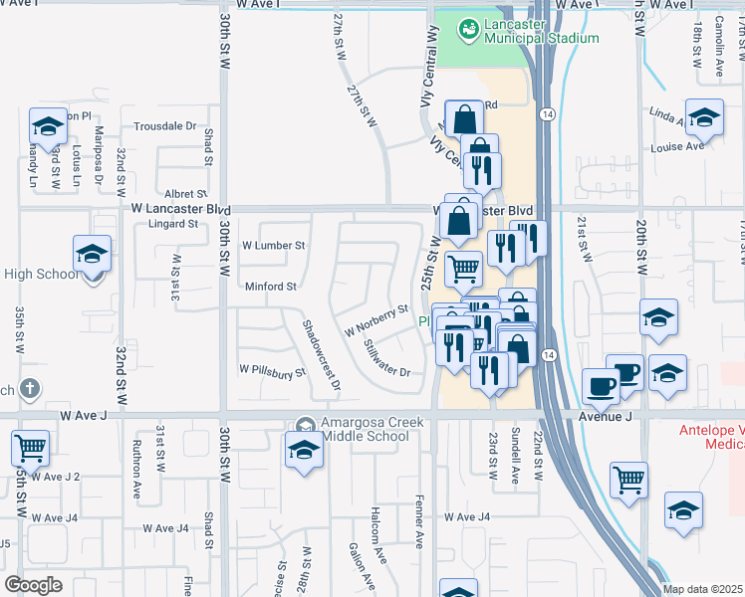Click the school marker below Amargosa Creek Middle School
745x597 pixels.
click(x=304, y=450)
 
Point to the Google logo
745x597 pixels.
click(x=33, y=585)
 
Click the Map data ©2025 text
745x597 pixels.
click(x=702, y=589)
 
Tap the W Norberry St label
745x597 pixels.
click(x=376, y=319)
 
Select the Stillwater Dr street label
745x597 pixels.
click(x=386, y=359)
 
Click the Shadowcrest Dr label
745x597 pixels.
click(x=322, y=354)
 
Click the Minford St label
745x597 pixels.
click(x=272, y=287)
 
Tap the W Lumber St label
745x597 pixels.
click(x=273, y=245)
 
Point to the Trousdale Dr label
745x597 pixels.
click(x=165, y=126)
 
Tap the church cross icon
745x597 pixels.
click(x=30, y=388)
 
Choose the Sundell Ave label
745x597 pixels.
click(x=515, y=457)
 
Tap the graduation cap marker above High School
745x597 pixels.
click(x=92, y=254)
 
